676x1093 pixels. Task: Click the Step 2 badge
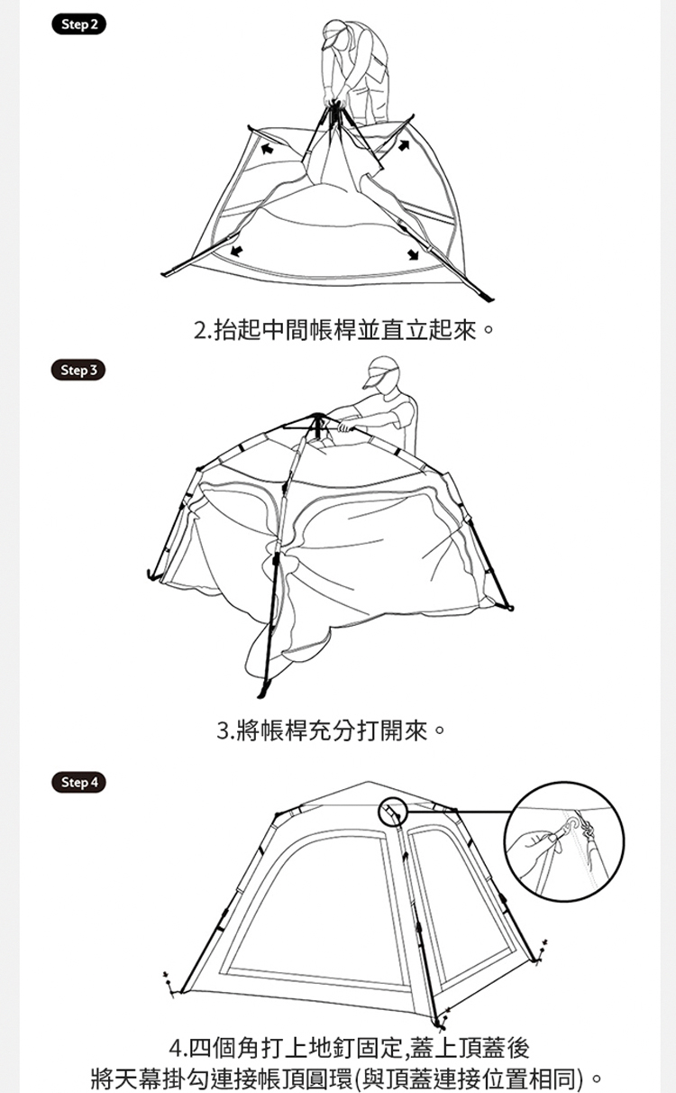78,24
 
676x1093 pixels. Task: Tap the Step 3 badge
78,371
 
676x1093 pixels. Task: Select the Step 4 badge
78,782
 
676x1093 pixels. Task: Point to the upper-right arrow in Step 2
404,145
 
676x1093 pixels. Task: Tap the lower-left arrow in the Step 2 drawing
236,251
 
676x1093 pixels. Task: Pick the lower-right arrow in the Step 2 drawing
414,253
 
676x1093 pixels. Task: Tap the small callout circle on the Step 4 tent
392,812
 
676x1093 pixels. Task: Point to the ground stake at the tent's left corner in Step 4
169,983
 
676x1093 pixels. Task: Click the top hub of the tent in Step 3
318,418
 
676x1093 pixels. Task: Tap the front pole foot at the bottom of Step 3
264,689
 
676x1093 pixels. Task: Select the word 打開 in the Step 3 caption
381,730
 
